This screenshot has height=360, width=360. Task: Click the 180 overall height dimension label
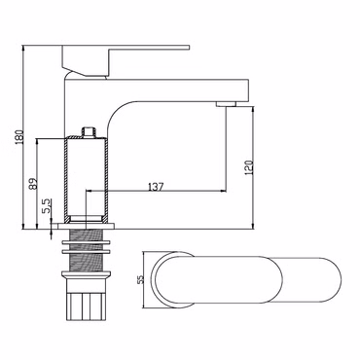pyautogui.click(x=19, y=136)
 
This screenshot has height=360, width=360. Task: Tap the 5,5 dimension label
pyautogui.click(x=47, y=206)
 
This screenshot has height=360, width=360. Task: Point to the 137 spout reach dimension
pyautogui.click(x=156, y=187)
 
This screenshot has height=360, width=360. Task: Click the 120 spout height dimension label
pyautogui.click(x=249, y=167)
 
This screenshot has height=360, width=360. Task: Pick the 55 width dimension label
pyautogui.click(x=140, y=279)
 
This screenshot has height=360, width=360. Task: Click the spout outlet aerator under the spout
pyautogui.click(x=226, y=103)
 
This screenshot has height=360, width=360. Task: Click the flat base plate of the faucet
pyautogui.click(x=87, y=226)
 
